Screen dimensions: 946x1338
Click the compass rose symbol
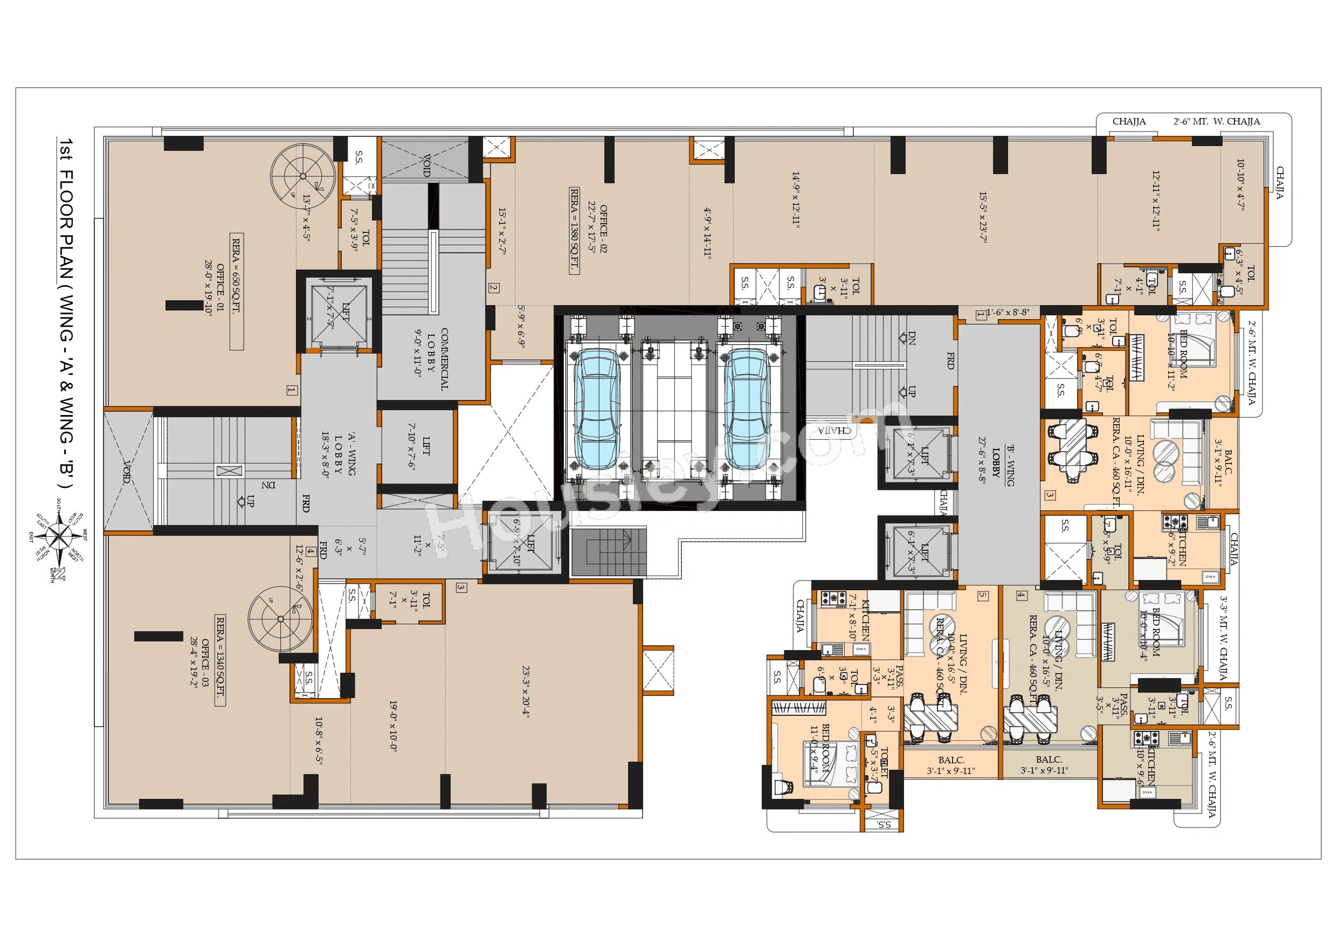point(60,535)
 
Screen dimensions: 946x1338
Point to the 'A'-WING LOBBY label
point(338,454)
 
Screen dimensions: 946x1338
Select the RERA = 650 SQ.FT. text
point(237,292)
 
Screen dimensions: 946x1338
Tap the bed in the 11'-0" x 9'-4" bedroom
point(820,763)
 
